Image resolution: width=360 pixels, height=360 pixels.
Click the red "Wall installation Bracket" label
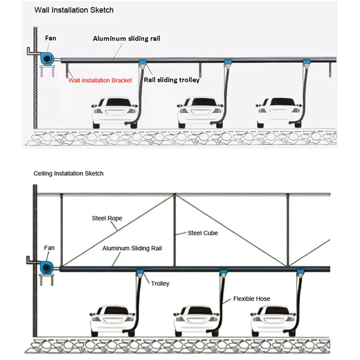tap(100, 81)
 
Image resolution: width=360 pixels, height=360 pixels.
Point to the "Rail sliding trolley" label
tap(171, 81)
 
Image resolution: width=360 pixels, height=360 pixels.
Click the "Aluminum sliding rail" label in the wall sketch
tap(127, 38)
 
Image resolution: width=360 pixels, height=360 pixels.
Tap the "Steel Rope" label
tap(107, 218)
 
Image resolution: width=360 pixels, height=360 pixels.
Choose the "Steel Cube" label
tap(203, 233)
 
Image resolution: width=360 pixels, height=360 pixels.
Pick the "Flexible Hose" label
tap(251, 299)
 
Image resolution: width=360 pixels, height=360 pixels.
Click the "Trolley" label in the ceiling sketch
tap(160, 283)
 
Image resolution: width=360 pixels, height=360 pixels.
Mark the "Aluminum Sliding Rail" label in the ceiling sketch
tap(134, 249)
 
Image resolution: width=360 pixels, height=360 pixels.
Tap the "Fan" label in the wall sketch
tap(50, 38)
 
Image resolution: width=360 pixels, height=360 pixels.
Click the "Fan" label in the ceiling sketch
tap(49, 249)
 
